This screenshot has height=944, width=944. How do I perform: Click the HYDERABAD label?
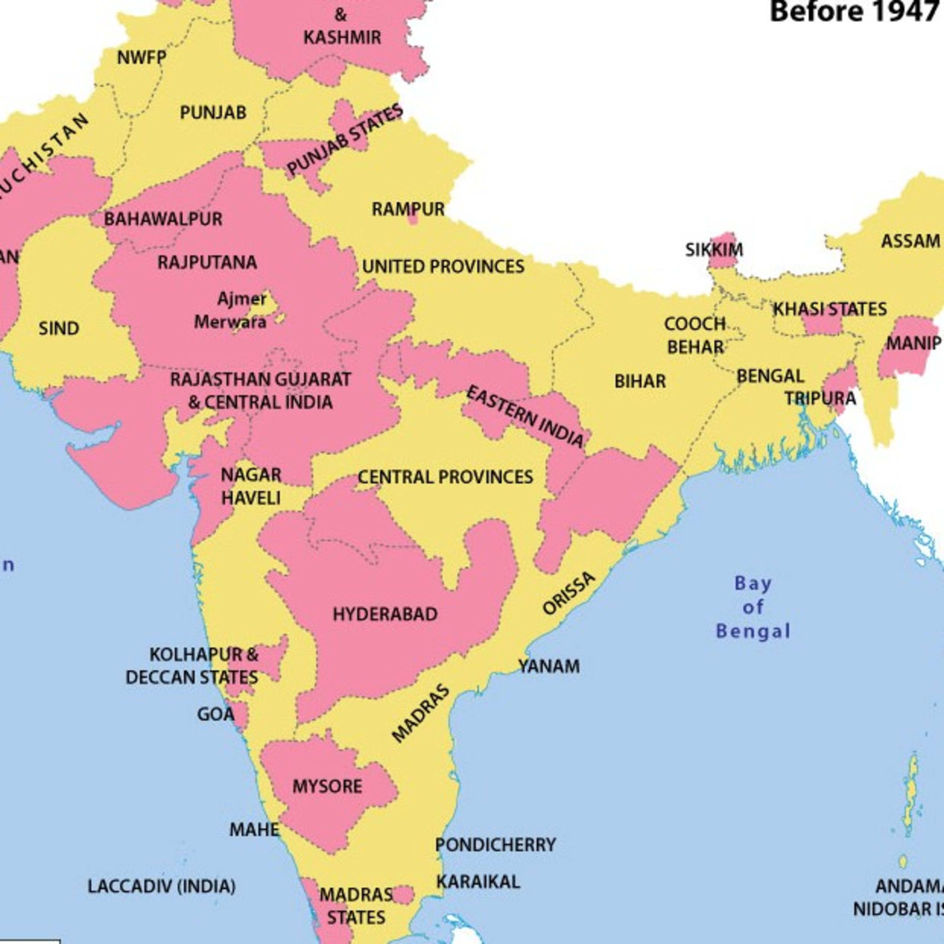click(385, 614)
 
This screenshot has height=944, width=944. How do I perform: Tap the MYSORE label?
click(327, 786)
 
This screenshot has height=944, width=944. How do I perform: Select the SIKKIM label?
click(714, 250)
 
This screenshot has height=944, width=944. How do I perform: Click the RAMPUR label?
click(408, 209)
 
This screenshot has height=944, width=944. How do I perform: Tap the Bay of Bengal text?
click(753, 607)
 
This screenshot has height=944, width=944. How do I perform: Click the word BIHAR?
click(640, 381)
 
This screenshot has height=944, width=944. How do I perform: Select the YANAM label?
click(549, 666)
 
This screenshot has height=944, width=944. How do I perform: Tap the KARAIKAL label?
click(478, 881)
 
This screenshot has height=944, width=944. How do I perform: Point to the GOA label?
click(216, 714)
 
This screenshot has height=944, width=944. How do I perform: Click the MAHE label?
click(254, 829)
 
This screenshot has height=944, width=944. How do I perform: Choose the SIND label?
click(59, 328)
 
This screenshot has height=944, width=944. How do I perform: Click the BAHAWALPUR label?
click(163, 218)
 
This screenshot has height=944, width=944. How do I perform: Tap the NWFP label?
click(142, 58)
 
